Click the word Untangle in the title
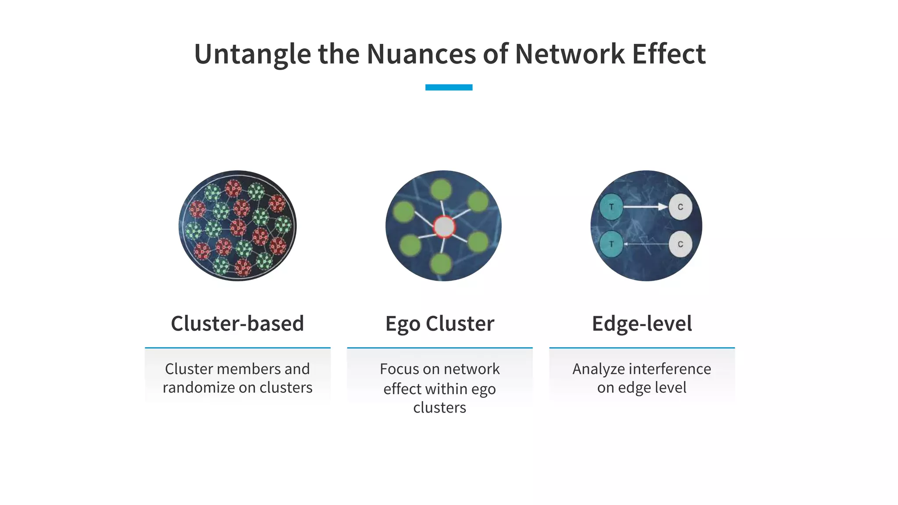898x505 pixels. tap(252, 54)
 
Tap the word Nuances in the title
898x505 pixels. tap(421, 54)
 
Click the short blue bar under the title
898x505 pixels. tap(449, 87)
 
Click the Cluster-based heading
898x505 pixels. tap(237, 324)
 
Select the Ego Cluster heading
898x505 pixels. tap(440, 324)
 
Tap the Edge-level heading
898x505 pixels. tap(642, 324)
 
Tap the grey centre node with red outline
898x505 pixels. tap(444, 227)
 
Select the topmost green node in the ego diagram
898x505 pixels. tap(441, 189)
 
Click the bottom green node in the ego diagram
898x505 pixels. tap(441, 264)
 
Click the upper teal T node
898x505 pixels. tap(611, 207)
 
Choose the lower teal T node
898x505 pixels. tap(611, 244)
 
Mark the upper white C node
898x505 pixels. tap(680, 207)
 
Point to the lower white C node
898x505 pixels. tap(680, 244)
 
